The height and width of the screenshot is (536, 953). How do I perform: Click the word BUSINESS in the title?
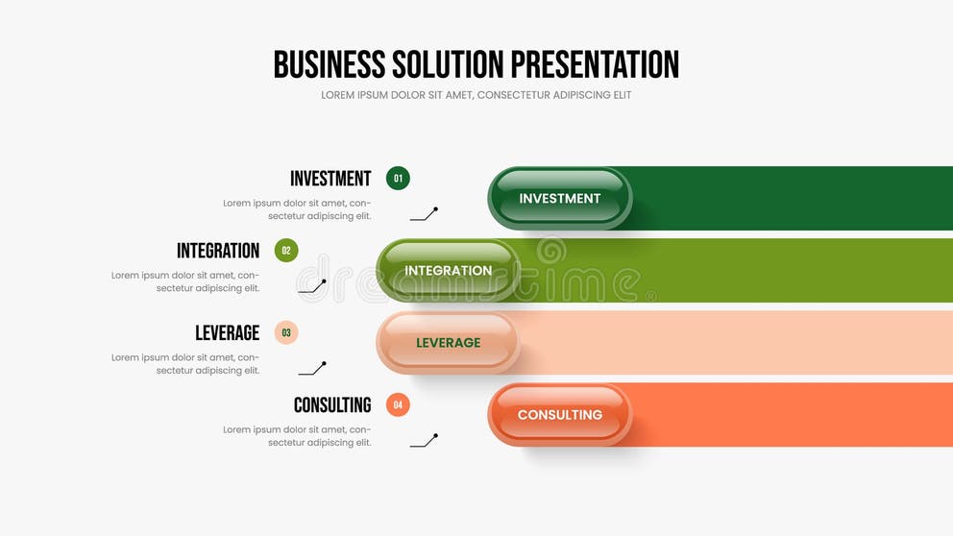tap(330, 64)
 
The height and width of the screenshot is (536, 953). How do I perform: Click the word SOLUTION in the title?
tap(448, 64)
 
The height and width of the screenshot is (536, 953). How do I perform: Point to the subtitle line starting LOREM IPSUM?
tap(476, 95)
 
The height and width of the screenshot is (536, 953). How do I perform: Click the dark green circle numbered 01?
tap(398, 178)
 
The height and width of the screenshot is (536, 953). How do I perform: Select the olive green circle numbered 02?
tap(286, 251)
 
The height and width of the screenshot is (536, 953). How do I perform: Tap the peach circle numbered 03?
tap(286, 332)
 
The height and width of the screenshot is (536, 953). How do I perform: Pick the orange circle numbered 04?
tap(398, 404)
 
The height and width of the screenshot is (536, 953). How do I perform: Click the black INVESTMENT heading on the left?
tap(330, 179)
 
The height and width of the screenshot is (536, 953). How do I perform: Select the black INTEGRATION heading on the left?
tap(218, 251)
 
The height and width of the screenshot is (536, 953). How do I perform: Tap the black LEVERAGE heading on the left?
tap(228, 332)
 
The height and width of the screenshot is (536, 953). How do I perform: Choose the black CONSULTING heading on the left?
tap(332, 405)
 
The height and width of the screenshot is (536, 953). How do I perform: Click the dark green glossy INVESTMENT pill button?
tap(560, 198)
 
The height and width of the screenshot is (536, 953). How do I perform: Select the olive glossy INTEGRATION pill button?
tap(448, 271)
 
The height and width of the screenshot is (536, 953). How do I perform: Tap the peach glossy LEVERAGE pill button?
tap(448, 343)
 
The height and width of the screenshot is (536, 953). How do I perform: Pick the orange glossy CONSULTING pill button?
tap(560, 415)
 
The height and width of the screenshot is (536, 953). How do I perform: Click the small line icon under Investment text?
tap(424, 214)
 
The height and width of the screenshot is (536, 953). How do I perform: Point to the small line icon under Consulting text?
tap(424, 441)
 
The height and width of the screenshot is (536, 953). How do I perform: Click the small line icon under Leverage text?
tap(312, 369)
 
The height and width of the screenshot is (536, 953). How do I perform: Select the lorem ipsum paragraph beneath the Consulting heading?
tap(297, 436)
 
